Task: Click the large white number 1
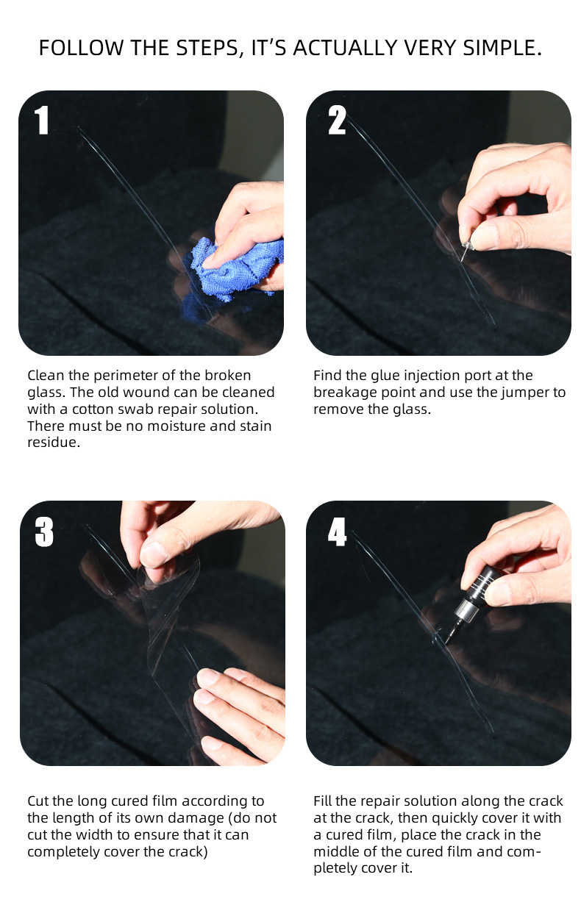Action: pos(42,120)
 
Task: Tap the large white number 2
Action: pos(337,120)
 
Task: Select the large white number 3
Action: pos(44,532)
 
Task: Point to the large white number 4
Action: pos(337,532)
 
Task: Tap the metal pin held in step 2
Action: pos(464,251)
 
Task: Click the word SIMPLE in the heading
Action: pos(502,48)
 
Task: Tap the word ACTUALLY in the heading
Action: pos(346,48)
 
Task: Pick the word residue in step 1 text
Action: pos(54,442)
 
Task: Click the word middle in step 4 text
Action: pos(336,851)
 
